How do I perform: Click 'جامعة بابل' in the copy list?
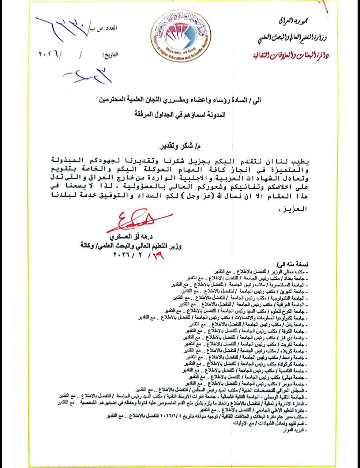(x=296, y=325)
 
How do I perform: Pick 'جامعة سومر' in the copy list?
(x=295, y=384)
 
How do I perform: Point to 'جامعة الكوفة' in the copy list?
(x=294, y=331)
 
